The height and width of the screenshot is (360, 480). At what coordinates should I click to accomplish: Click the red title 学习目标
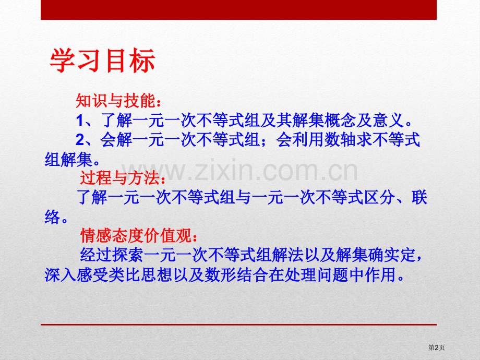pos(103,61)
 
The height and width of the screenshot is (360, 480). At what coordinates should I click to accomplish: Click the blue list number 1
pos(80,121)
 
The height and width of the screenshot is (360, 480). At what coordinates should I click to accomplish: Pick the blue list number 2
pos(80,140)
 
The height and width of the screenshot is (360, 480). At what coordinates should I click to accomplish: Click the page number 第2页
pos(436,347)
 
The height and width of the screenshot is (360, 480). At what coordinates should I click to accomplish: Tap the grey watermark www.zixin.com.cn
pos(239,171)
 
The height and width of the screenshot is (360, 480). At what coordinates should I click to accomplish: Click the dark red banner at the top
pos(239,10)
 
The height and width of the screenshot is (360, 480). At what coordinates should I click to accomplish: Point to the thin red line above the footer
pos(239,325)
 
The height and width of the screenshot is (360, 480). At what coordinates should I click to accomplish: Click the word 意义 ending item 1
pos(389,120)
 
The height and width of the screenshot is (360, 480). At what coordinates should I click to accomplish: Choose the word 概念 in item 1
pos(340,120)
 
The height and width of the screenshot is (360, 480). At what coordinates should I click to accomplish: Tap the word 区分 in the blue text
pos(380,197)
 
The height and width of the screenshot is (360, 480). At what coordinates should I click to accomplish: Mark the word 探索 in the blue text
pos(128,255)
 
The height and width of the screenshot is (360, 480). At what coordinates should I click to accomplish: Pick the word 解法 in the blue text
pos(287,255)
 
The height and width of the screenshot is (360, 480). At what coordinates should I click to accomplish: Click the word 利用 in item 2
pos(308,140)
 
